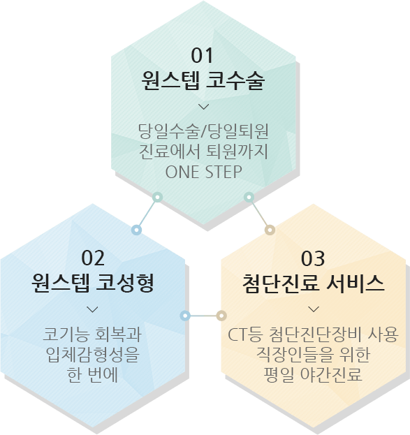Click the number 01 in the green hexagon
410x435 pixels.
point(202,55)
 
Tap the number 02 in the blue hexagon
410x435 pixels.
point(93,258)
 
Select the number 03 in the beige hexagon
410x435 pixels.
point(313,258)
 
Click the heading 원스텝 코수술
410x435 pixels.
point(203,80)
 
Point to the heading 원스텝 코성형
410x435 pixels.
point(93,283)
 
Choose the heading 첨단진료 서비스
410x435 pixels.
point(314,283)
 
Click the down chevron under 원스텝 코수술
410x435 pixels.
point(204,107)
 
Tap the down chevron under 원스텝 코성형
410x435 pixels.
point(92,309)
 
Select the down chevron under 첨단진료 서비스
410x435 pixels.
point(314,309)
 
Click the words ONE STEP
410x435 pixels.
point(204,172)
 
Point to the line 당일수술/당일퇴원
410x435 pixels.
point(203,131)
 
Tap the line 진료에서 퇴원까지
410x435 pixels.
point(203,152)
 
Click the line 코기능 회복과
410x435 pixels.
point(92,334)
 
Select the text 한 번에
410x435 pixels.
point(93,375)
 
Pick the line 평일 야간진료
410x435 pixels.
point(314,375)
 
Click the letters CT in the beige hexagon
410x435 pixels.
point(237,334)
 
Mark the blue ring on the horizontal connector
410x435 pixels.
point(185,316)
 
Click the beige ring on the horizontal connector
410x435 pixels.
point(221,316)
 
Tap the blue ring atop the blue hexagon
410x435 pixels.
point(136,230)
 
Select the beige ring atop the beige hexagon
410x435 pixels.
point(270,230)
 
